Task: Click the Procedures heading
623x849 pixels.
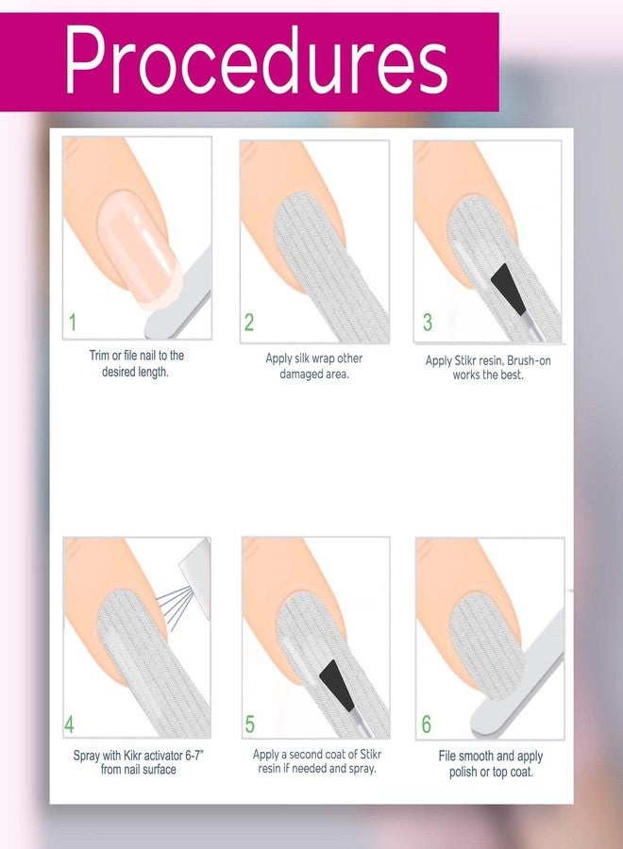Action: coord(256,62)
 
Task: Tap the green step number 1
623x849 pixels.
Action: coord(73,323)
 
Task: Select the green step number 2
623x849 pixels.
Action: coord(249,323)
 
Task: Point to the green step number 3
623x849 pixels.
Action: coord(427,323)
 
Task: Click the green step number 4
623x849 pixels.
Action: coord(70,725)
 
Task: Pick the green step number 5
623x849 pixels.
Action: coord(249,725)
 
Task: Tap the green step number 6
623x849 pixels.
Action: coord(427,725)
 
